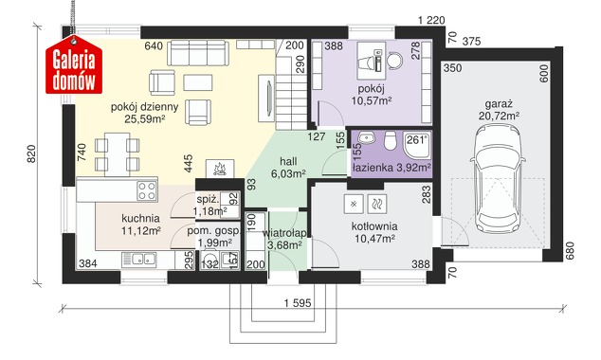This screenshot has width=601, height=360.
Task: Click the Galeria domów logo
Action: (x=74, y=65)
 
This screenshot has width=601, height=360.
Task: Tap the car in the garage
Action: (x=498, y=180)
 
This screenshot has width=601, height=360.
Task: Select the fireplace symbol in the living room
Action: (x=220, y=169)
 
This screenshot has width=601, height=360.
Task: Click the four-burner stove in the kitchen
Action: (x=147, y=190)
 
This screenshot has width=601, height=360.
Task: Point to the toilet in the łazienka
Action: (x=391, y=140)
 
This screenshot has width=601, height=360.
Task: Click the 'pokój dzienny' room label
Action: (x=144, y=107)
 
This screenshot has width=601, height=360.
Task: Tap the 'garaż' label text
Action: (x=499, y=104)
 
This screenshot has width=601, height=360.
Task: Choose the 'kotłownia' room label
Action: (x=374, y=226)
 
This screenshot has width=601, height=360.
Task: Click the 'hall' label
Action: (x=288, y=161)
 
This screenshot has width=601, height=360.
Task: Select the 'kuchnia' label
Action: (x=140, y=218)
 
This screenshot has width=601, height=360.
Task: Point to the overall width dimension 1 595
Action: (x=298, y=303)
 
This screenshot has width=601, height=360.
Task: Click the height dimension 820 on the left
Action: (x=31, y=153)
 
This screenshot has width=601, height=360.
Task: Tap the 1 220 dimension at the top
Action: (x=431, y=20)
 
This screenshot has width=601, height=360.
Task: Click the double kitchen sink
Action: (x=138, y=260)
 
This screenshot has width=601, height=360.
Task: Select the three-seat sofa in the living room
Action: (x=197, y=52)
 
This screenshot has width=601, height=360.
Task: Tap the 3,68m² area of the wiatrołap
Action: (x=283, y=245)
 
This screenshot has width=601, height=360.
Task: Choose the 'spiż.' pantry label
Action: (x=209, y=200)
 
